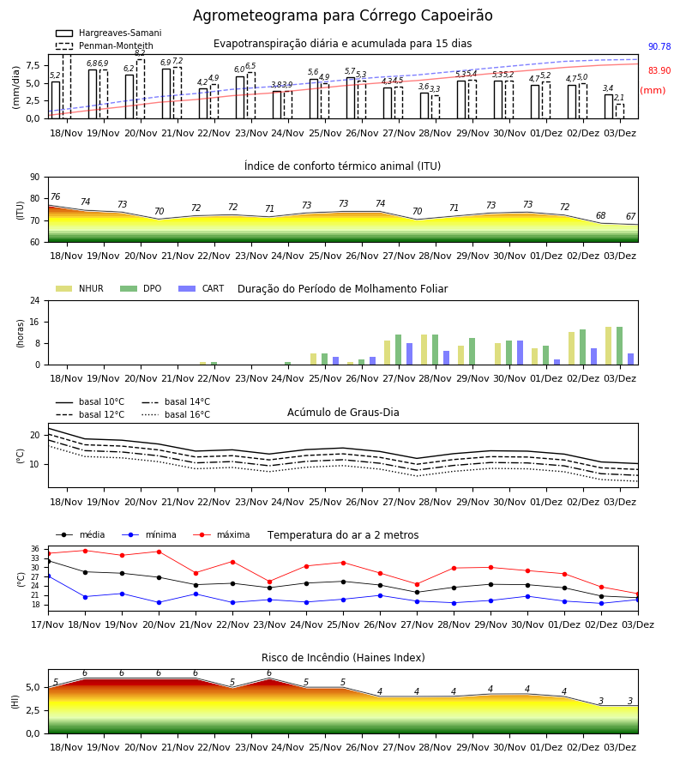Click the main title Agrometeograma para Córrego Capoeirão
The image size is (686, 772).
coord(342,15)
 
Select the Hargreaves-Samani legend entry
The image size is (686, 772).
coord(108,33)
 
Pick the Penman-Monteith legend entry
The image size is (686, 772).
coord(105,45)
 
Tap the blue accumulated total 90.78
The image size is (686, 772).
coord(659,47)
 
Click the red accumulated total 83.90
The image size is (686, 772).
coord(659,70)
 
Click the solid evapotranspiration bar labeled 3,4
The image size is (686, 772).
coord(609,106)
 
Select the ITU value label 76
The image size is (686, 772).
coord(55,197)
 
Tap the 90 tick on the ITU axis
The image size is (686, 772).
coord(35,178)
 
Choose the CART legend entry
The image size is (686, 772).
coord(202,288)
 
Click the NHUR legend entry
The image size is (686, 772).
coord(80,288)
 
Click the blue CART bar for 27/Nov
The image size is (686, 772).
coord(409,354)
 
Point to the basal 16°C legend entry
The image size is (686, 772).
coord(176,414)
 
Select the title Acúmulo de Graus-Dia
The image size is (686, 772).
coord(343,413)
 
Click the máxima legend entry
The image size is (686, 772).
coord(221,534)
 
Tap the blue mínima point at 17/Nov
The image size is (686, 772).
coord(48,576)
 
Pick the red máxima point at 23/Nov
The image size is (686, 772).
coord(269,582)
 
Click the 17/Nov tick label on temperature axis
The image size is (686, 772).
coord(48,624)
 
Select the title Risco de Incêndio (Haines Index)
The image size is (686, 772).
coord(343,658)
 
